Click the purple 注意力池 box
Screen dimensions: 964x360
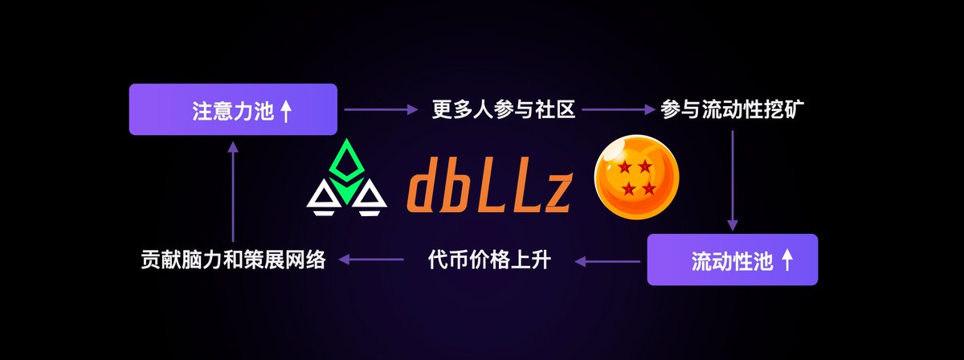point(233,109)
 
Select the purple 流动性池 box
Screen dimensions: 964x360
point(732,260)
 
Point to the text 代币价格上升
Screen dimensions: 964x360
point(488,260)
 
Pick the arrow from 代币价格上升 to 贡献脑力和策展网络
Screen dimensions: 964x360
point(371,260)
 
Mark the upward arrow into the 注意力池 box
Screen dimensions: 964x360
point(232,193)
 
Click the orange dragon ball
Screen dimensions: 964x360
point(635,178)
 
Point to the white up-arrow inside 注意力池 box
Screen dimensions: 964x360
point(285,110)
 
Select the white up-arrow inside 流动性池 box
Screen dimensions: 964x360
point(787,260)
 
